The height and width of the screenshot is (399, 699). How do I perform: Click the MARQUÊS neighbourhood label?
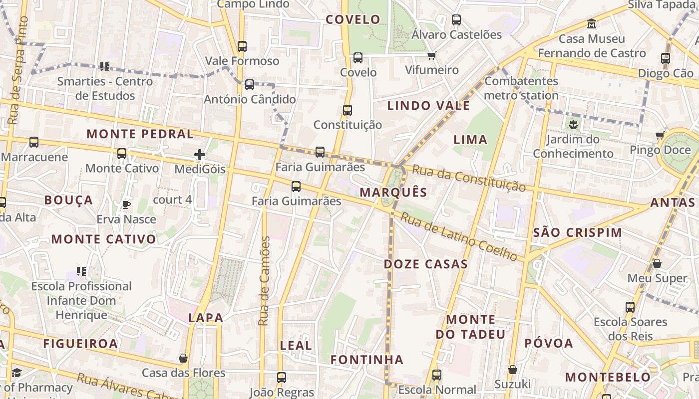[x=393, y=193]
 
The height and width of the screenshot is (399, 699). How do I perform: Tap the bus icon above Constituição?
[x=348, y=110]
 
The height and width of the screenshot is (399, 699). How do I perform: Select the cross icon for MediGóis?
[x=200, y=155]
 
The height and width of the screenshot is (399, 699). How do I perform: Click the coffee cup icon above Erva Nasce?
[x=126, y=204]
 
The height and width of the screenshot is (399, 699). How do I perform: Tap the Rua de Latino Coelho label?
[x=459, y=237]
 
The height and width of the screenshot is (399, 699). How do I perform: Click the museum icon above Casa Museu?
[x=592, y=23]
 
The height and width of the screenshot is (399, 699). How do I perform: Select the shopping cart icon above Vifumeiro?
[x=431, y=55]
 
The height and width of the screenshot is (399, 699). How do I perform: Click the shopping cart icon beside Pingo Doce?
[x=660, y=135]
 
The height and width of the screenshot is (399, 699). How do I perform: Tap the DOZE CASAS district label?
[x=425, y=264]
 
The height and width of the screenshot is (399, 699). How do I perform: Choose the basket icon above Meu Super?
[x=657, y=263]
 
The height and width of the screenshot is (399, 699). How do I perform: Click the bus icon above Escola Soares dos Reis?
[x=630, y=307]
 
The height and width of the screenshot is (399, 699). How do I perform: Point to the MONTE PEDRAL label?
[x=140, y=134]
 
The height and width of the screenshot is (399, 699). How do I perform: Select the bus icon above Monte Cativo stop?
[x=122, y=153]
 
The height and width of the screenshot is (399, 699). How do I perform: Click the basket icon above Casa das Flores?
[x=183, y=358]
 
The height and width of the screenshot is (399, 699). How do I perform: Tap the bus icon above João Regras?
[x=282, y=378]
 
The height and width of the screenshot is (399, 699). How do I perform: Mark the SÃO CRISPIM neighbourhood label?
[x=578, y=232]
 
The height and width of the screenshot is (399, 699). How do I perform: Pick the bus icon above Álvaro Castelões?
[x=456, y=20]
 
